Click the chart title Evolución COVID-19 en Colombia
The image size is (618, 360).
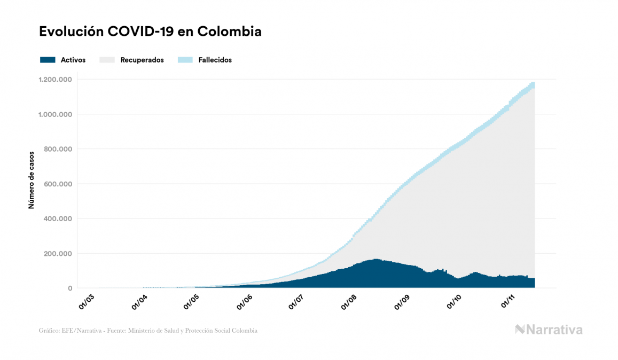pyautogui.click(x=150, y=32)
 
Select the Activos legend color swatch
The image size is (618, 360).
pyautogui.click(x=48, y=60)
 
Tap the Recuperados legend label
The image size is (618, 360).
pyautogui.click(x=142, y=60)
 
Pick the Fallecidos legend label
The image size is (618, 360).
pyautogui.click(x=215, y=60)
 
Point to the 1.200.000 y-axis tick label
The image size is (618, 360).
pyautogui.click(x=56, y=80)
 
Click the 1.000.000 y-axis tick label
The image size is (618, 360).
pyautogui.click(x=56, y=114)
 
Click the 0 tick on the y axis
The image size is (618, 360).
pyautogui.click(x=70, y=288)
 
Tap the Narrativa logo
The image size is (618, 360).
pyautogui.click(x=549, y=330)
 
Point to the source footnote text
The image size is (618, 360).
pyautogui.click(x=148, y=331)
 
